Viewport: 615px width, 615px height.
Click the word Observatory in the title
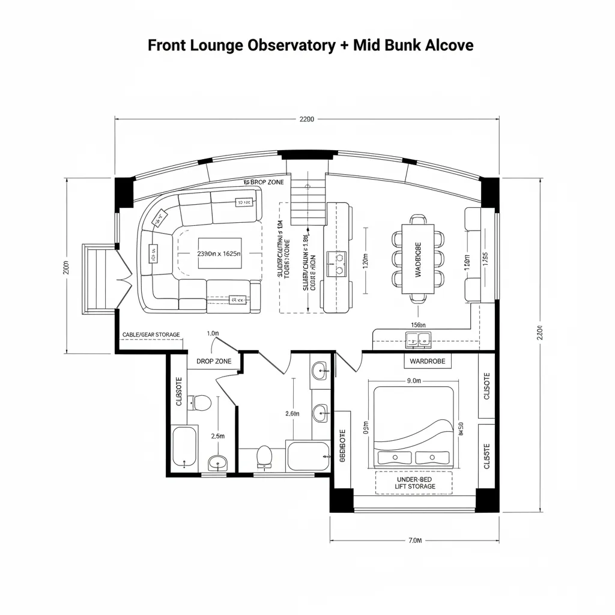pos(288,46)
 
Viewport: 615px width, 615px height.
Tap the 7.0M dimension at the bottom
pos(415,540)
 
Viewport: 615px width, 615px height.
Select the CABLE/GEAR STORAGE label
pos(151,335)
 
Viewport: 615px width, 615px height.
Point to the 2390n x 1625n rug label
pos(219,253)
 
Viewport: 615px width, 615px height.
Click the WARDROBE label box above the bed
pos(427,361)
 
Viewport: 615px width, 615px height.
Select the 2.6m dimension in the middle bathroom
pos(291,413)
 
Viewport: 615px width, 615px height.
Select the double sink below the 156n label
pos(419,341)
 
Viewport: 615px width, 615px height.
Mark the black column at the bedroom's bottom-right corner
pos(487,500)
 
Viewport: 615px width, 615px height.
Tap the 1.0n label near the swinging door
pos(212,333)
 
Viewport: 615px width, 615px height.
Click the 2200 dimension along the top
pos(306,119)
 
